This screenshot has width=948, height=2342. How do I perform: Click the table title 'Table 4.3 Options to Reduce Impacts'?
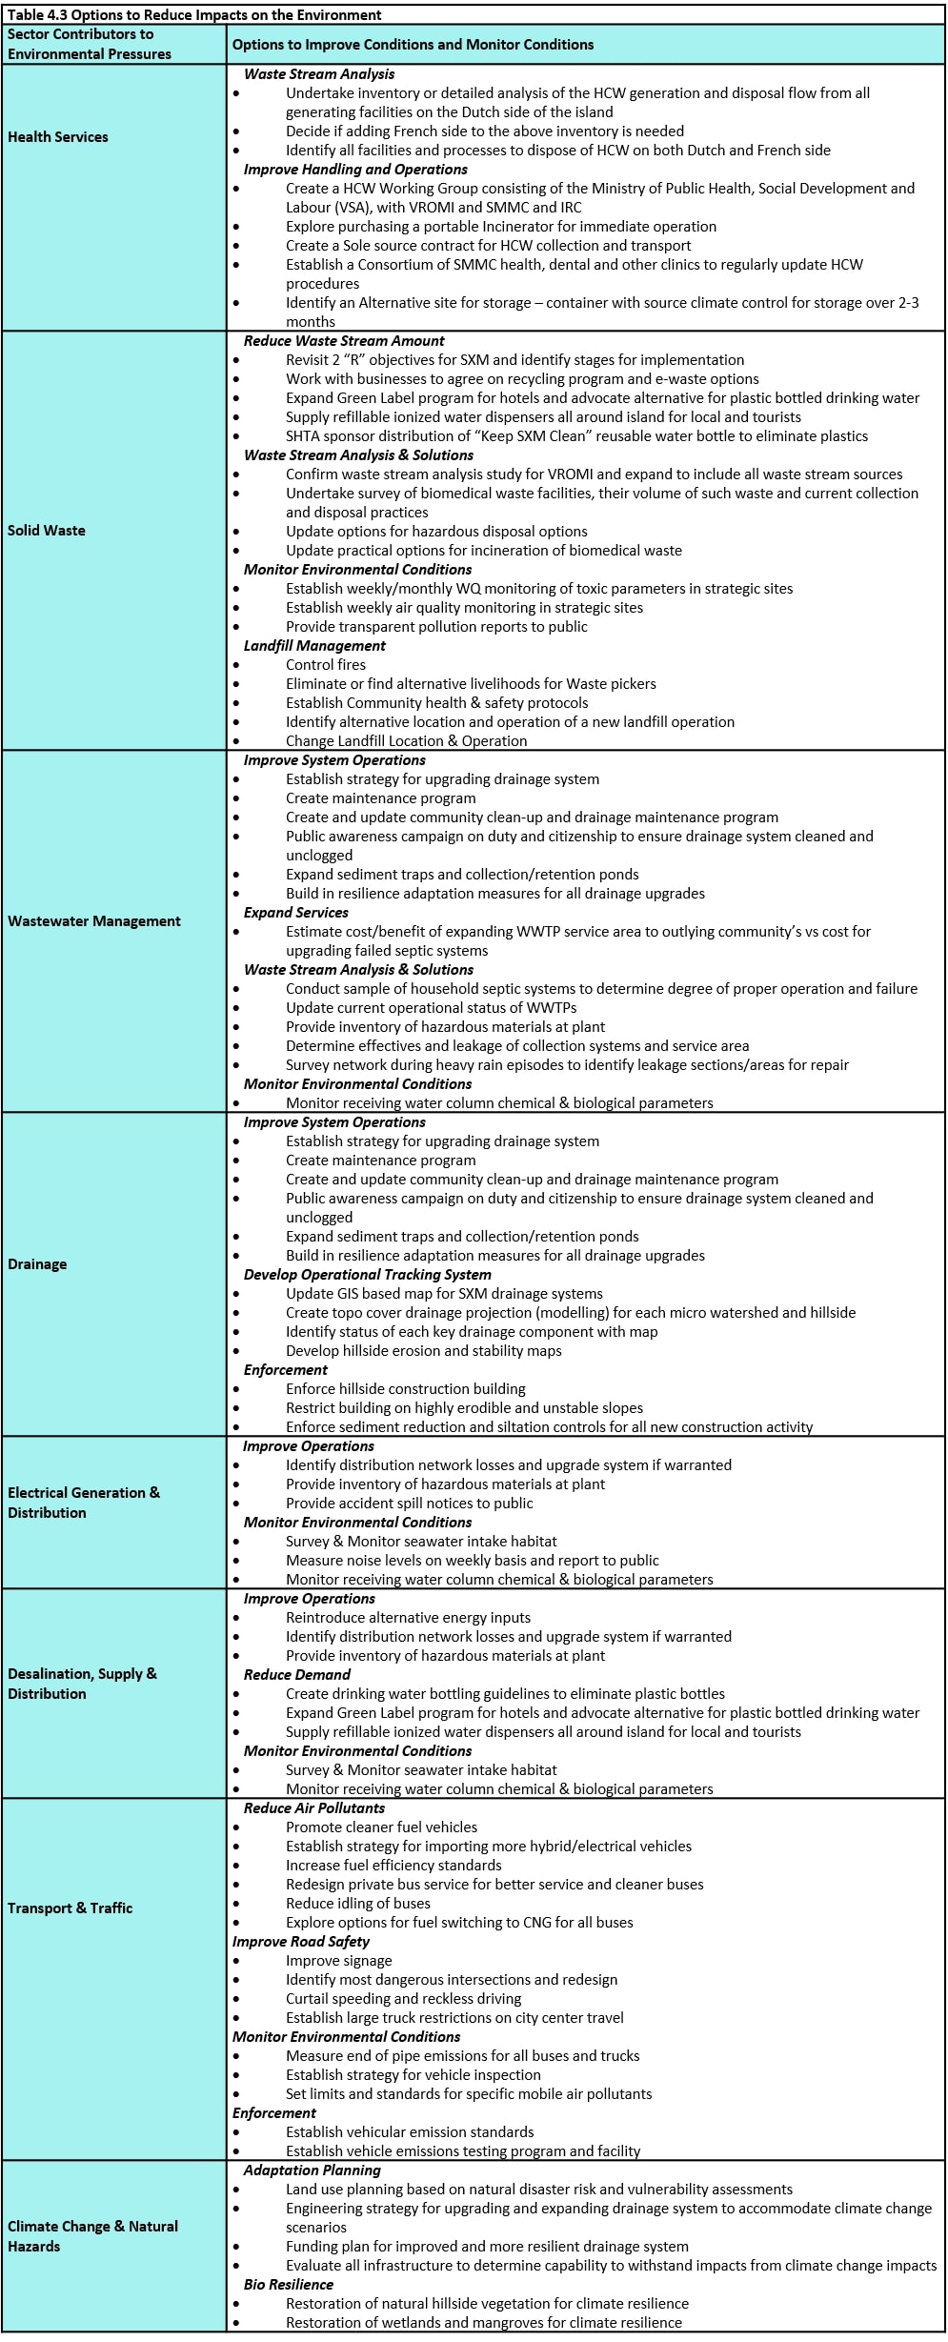point(194,14)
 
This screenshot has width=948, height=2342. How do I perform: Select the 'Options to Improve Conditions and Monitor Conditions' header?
point(413,45)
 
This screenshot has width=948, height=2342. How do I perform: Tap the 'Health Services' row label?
point(58,137)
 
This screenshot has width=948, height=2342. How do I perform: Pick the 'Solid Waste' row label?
point(47,531)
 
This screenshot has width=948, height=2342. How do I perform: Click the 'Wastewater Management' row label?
point(94,921)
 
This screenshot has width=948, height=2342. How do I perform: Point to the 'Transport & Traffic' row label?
point(71,1908)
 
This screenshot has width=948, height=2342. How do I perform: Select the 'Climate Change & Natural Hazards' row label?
point(92,2236)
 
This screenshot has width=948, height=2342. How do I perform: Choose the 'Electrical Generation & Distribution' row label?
point(84,1503)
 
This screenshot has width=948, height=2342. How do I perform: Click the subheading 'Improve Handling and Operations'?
point(355,170)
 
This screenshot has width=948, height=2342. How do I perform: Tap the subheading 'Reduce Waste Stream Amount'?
point(344,341)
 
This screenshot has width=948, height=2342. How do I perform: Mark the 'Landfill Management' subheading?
point(314,646)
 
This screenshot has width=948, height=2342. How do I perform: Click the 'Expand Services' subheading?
point(295,913)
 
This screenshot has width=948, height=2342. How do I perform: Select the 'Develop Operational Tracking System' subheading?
point(368,1275)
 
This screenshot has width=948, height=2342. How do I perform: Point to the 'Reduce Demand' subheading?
point(297,1675)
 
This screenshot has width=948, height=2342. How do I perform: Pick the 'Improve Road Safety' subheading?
point(301,1942)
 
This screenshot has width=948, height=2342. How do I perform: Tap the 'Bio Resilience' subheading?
point(289,2285)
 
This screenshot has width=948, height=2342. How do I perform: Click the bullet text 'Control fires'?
point(326,665)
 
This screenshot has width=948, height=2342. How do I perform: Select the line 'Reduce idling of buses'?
point(358,1904)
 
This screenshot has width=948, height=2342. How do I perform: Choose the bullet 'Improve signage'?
point(339,1961)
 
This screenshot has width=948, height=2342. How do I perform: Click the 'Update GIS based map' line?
point(444,1294)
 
